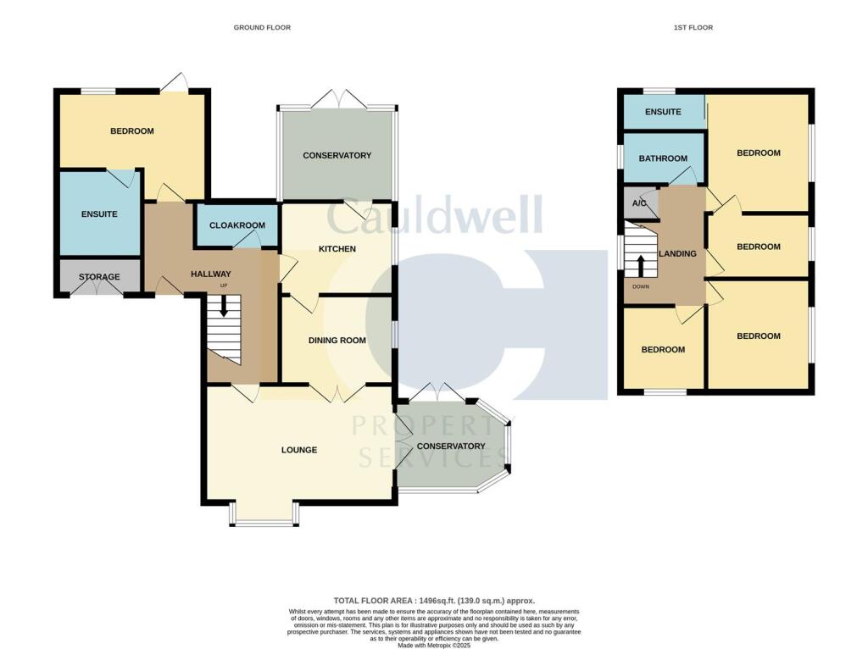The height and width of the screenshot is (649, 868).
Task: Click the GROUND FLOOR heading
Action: tap(262, 28)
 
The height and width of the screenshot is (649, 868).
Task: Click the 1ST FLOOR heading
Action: tap(693, 28)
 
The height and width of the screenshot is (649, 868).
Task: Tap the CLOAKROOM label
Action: tap(237, 226)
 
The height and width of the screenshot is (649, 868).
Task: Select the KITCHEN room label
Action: tap(337, 249)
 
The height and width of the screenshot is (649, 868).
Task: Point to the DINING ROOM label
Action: tap(337, 341)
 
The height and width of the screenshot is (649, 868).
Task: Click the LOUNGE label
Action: tap(299, 450)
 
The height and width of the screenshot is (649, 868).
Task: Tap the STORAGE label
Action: tap(99, 277)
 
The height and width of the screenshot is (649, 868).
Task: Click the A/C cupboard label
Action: tap(639, 203)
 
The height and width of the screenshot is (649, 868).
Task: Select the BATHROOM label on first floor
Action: tap(663, 158)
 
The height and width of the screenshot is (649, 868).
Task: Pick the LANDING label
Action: tap(678, 253)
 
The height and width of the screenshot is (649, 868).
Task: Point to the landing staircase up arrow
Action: tap(642, 264)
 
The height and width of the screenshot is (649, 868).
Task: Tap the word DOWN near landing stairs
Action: tap(641, 286)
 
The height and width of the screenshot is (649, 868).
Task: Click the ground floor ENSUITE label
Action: tap(99, 214)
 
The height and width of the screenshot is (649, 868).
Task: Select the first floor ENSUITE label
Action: tap(663, 112)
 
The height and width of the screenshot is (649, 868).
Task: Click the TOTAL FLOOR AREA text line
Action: tap(435, 601)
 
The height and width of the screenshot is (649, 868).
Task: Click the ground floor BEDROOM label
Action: tap(132, 131)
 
